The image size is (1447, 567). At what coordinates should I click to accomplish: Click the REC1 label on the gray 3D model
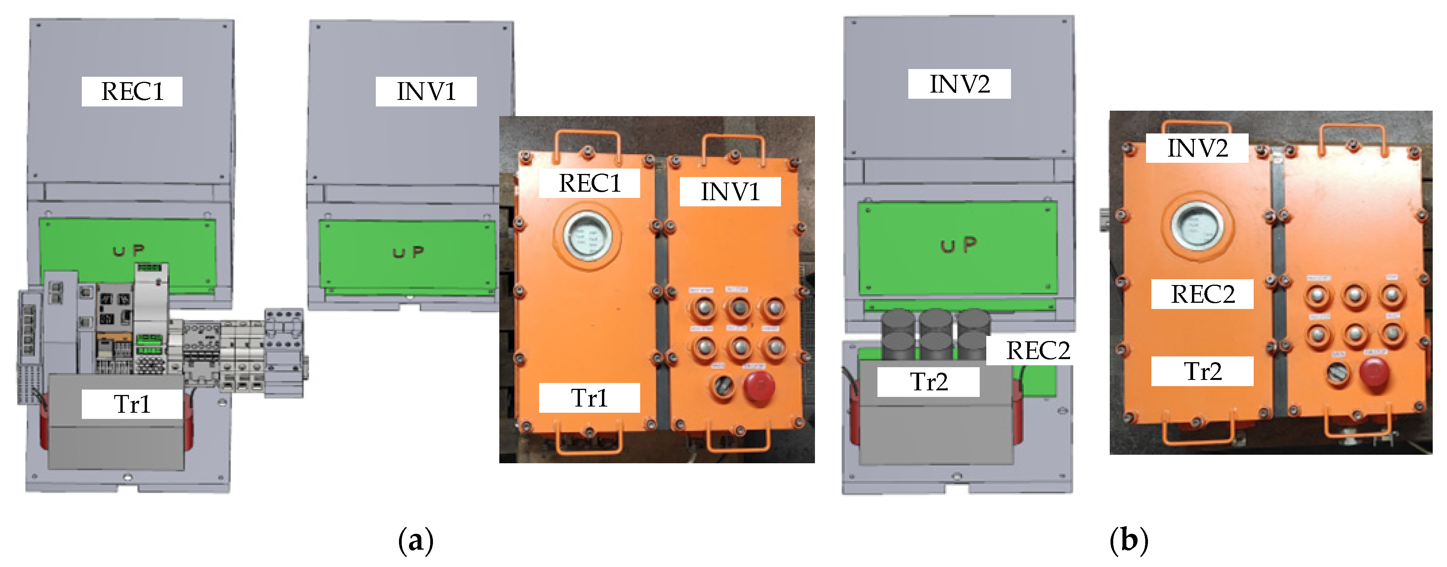coord(132,91)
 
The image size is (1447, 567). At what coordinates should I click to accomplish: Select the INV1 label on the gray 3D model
coord(426,91)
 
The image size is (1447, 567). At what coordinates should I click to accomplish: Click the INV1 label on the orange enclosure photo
coord(730,191)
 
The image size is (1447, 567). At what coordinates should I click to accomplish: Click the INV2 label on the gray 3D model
coord(959,84)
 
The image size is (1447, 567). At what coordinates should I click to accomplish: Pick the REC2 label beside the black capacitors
coord(1037,351)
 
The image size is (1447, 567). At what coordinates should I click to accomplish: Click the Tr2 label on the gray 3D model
coord(928,382)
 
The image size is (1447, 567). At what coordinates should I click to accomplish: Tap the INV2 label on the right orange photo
coord(1197,148)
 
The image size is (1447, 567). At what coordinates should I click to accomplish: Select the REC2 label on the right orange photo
coord(1202,294)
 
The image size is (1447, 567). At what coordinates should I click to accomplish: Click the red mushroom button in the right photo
coord(1374,372)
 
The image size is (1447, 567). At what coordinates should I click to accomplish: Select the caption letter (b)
coord(1129,541)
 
